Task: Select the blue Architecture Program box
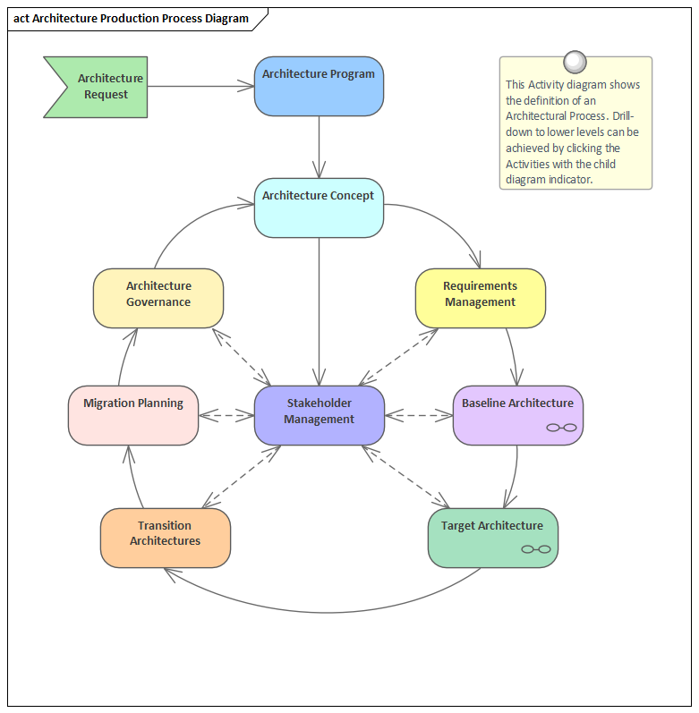[x=319, y=87]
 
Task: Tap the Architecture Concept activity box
[x=319, y=208]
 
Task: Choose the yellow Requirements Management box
[x=480, y=298]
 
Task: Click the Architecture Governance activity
[x=158, y=298]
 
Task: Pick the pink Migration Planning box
[x=133, y=415]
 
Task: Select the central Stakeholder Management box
[x=320, y=415]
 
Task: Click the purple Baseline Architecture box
[x=517, y=415]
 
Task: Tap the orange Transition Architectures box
[x=166, y=538]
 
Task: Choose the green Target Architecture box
[x=492, y=538]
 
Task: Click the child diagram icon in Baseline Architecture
[x=561, y=429]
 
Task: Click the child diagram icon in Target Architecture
[x=536, y=549]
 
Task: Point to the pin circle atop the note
[x=575, y=62]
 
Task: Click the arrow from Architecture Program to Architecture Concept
[x=319, y=147]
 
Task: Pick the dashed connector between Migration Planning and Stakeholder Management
[x=226, y=415]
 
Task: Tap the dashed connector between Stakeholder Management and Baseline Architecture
[x=419, y=415]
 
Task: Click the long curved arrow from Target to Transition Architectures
[x=322, y=612]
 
